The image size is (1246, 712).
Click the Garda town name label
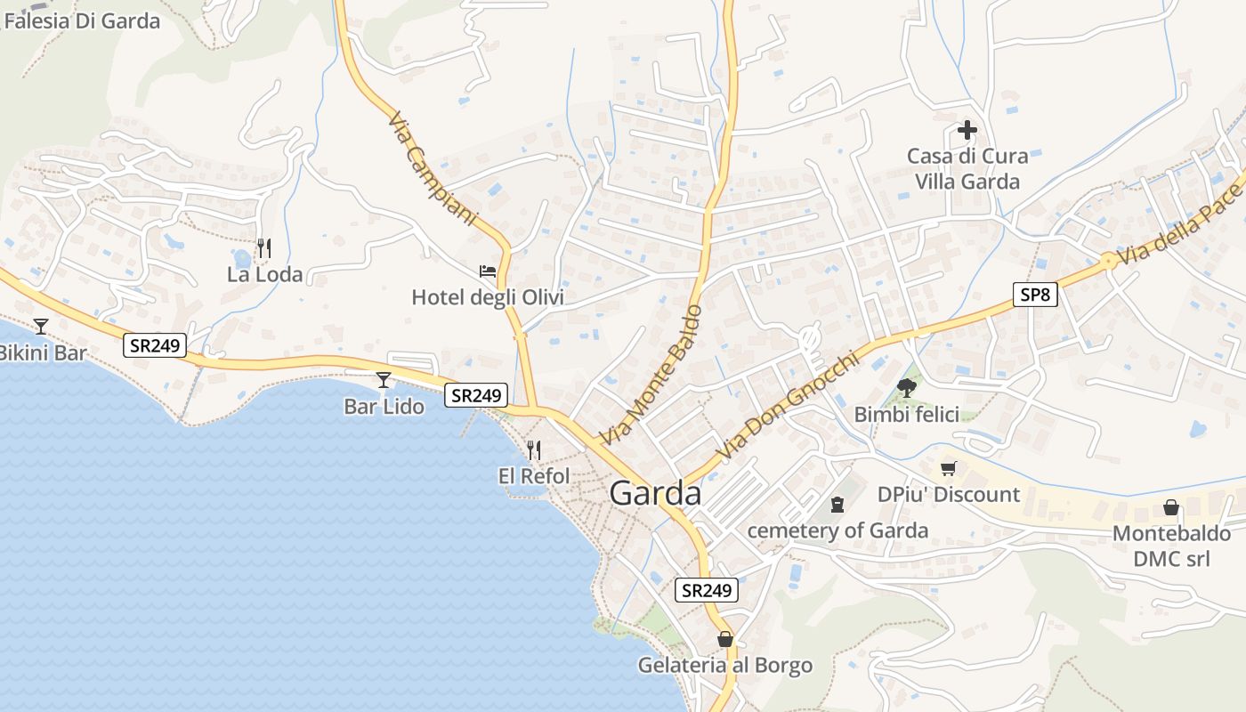[x=655, y=493]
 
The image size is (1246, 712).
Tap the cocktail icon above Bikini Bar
[x=40, y=327]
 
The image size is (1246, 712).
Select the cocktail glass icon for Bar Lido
[x=384, y=380]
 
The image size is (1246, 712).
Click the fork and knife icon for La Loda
[x=263, y=247]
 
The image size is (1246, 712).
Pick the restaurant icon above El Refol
[x=533, y=449]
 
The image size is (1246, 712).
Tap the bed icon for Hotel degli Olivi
[x=488, y=271]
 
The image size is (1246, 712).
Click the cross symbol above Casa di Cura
[x=967, y=131]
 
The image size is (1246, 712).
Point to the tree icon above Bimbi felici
[x=907, y=387]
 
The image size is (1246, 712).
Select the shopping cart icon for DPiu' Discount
[x=949, y=468]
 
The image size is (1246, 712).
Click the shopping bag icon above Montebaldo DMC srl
[x=1171, y=507]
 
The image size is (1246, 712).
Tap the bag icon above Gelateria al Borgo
[x=725, y=639]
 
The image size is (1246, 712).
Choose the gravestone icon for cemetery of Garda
[x=837, y=505]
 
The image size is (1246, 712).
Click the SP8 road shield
[x=1035, y=295]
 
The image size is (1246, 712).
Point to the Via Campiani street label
[x=433, y=168]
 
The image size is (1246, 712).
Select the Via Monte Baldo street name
[x=651, y=375]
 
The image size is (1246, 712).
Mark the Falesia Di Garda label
[x=82, y=20]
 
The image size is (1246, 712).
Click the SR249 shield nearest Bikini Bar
[x=155, y=345]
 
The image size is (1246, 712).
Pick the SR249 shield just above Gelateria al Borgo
[x=707, y=589]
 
